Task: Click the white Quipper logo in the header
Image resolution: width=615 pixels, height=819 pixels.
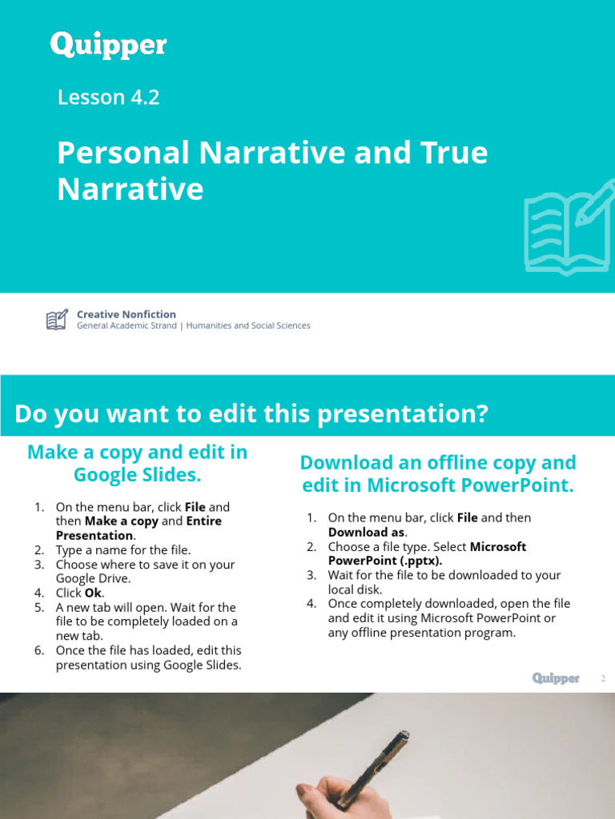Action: pyautogui.click(x=109, y=45)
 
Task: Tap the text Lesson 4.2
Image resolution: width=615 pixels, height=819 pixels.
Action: pyautogui.click(x=109, y=98)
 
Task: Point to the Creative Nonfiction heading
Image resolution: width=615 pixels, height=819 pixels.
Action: pyautogui.click(x=126, y=314)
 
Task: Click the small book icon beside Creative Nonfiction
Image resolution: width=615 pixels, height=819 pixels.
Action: pyautogui.click(x=56, y=320)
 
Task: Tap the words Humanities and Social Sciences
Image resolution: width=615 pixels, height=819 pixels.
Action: pyautogui.click(x=247, y=326)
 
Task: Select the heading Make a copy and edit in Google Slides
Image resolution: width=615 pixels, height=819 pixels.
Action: pyautogui.click(x=137, y=463)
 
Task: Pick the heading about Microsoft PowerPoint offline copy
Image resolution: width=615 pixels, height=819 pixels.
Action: pyautogui.click(x=437, y=473)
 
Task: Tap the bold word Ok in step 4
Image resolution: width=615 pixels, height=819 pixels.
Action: pyautogui.click(x=93, y=593)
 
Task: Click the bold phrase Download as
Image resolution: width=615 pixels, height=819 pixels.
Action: pyautogui.click(x=366, y=533)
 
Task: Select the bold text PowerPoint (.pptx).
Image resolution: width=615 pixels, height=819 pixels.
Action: pyautogui.click(x=384, y=561)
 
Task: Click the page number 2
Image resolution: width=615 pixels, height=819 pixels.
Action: pyautogui.click(x=603, y=679)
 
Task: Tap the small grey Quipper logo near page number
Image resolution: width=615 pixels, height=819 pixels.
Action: pyautogui.click(x=556, y=679)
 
